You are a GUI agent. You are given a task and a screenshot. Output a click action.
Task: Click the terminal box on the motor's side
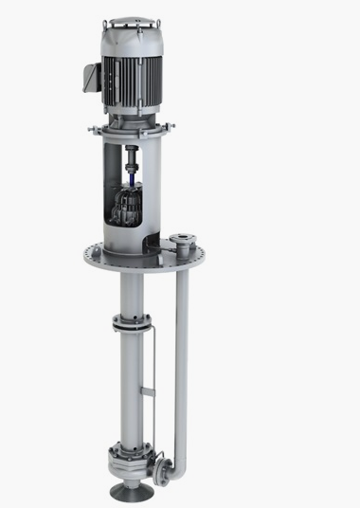click(90, 75)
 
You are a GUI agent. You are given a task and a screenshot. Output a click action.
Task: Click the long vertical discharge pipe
click(181, 360)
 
